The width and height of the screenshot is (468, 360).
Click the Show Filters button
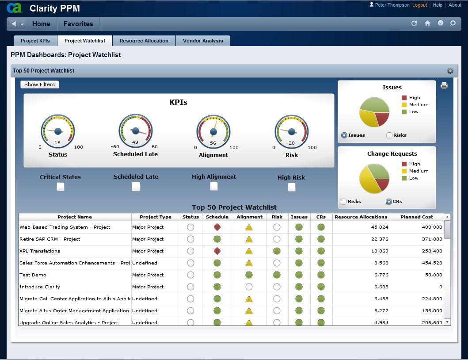click(39, 84)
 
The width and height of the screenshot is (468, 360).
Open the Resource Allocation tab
click(144, 41)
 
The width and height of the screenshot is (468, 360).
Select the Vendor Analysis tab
click(203, 41)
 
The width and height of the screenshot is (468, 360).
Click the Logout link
click(419, 5)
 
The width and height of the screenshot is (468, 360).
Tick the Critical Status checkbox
click(61, 187)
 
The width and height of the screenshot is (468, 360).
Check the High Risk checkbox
click(291, 187)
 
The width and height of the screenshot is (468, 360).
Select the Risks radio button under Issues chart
click(389, 135)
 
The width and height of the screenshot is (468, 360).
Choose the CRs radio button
click(389, 202)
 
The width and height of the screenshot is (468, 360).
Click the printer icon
click(444, 86)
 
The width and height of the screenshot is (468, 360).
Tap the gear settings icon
click(450, 71)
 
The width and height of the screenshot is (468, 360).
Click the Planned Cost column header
click(417, 217)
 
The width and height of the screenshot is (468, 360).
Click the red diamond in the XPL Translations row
click(217, 251)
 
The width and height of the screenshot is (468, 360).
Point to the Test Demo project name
click(33, 275)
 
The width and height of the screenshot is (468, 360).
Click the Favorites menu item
click(78, 24)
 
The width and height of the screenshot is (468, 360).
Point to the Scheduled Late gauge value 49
click(135, 142)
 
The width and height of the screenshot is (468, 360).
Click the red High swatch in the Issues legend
click(404, 98)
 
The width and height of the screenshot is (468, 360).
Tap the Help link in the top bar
click(438, 5)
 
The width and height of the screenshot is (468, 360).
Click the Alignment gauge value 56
click(213, 143)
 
